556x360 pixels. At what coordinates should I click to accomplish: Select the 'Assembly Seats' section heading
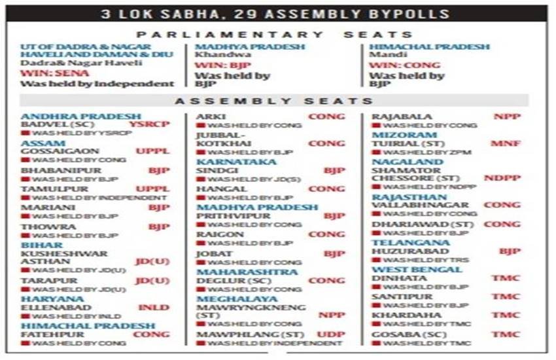pyautogui.click(x=274, y=101)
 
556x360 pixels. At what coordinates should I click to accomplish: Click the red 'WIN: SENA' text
pyautogui.click(x=45, y=73)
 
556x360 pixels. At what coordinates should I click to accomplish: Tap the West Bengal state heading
pyautogui.click(x=408, y=269)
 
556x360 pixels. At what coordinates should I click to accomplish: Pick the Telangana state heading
pyautogui.click(x=402, y=242)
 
